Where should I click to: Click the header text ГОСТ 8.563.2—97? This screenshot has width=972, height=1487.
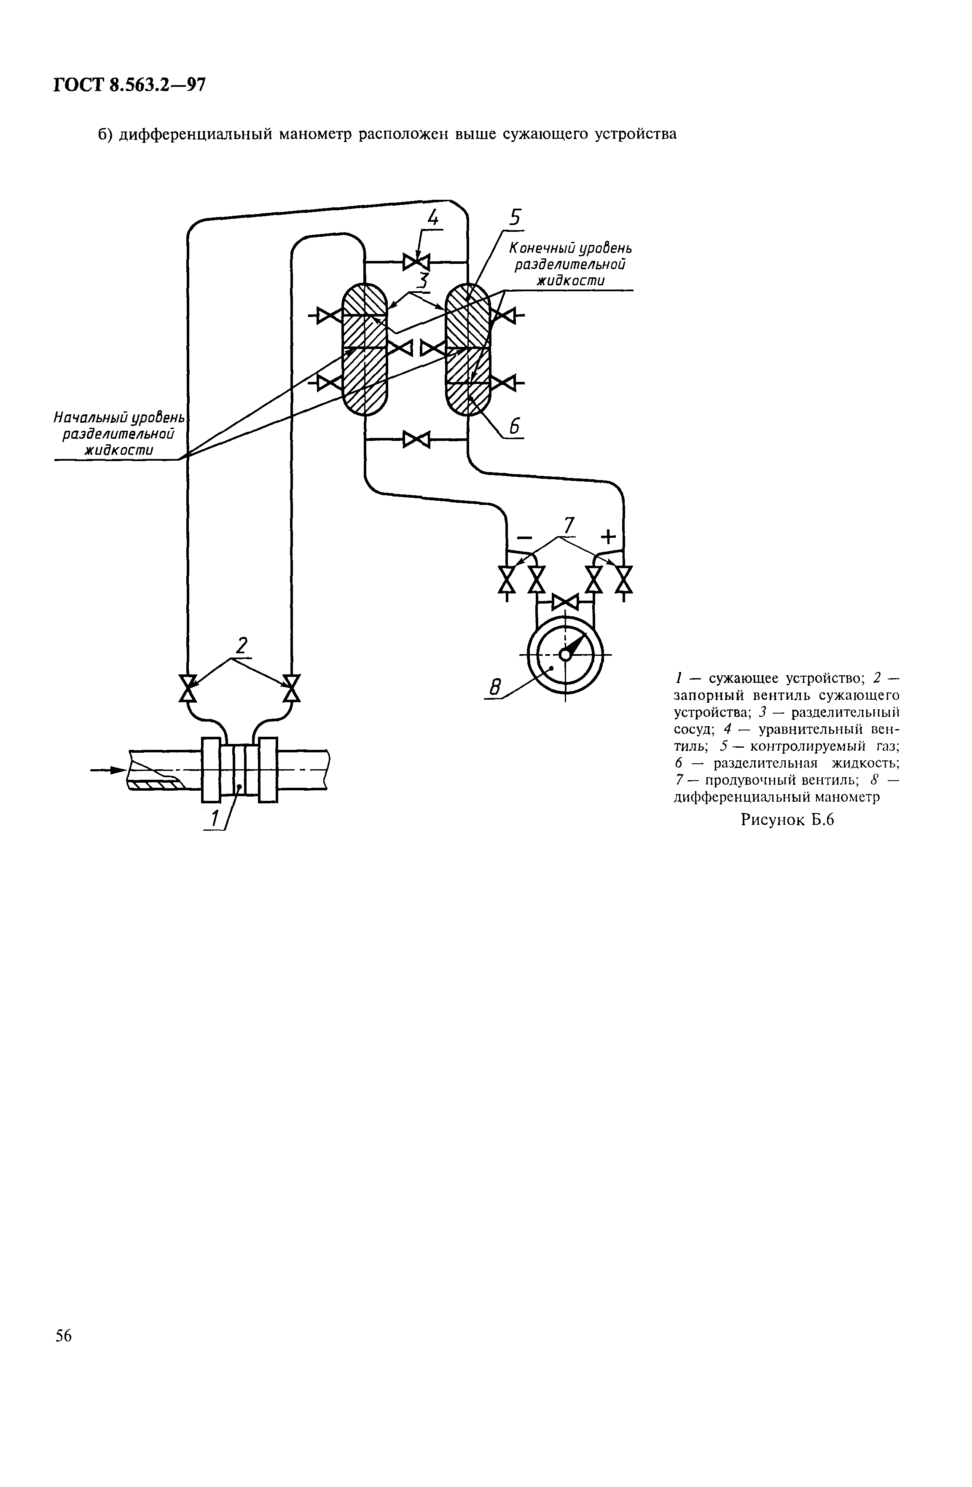tap(129, 86)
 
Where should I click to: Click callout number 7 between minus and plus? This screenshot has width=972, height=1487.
tap(567, 525)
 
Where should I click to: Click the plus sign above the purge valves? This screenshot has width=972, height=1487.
tap(607, 536)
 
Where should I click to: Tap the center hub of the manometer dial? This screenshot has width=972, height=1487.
tap(565, 654)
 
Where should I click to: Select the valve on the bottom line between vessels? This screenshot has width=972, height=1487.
tap(416, 439)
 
